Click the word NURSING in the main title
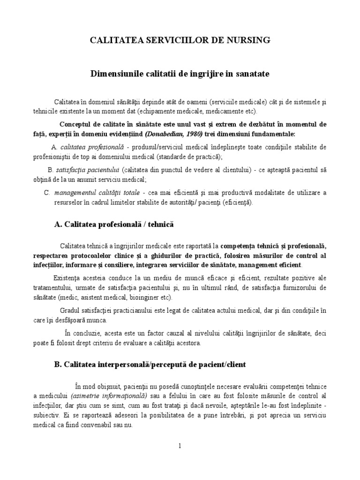pyautogui.click(x=249, y=40)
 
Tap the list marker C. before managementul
pyautogui.click(x=47, y=192)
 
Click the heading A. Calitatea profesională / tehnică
pyautogui.click(x=114, y=225)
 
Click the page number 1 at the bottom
pyautogui.click(x=180, y=446)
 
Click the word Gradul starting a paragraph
pyautogui.click(x=69, y=310)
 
